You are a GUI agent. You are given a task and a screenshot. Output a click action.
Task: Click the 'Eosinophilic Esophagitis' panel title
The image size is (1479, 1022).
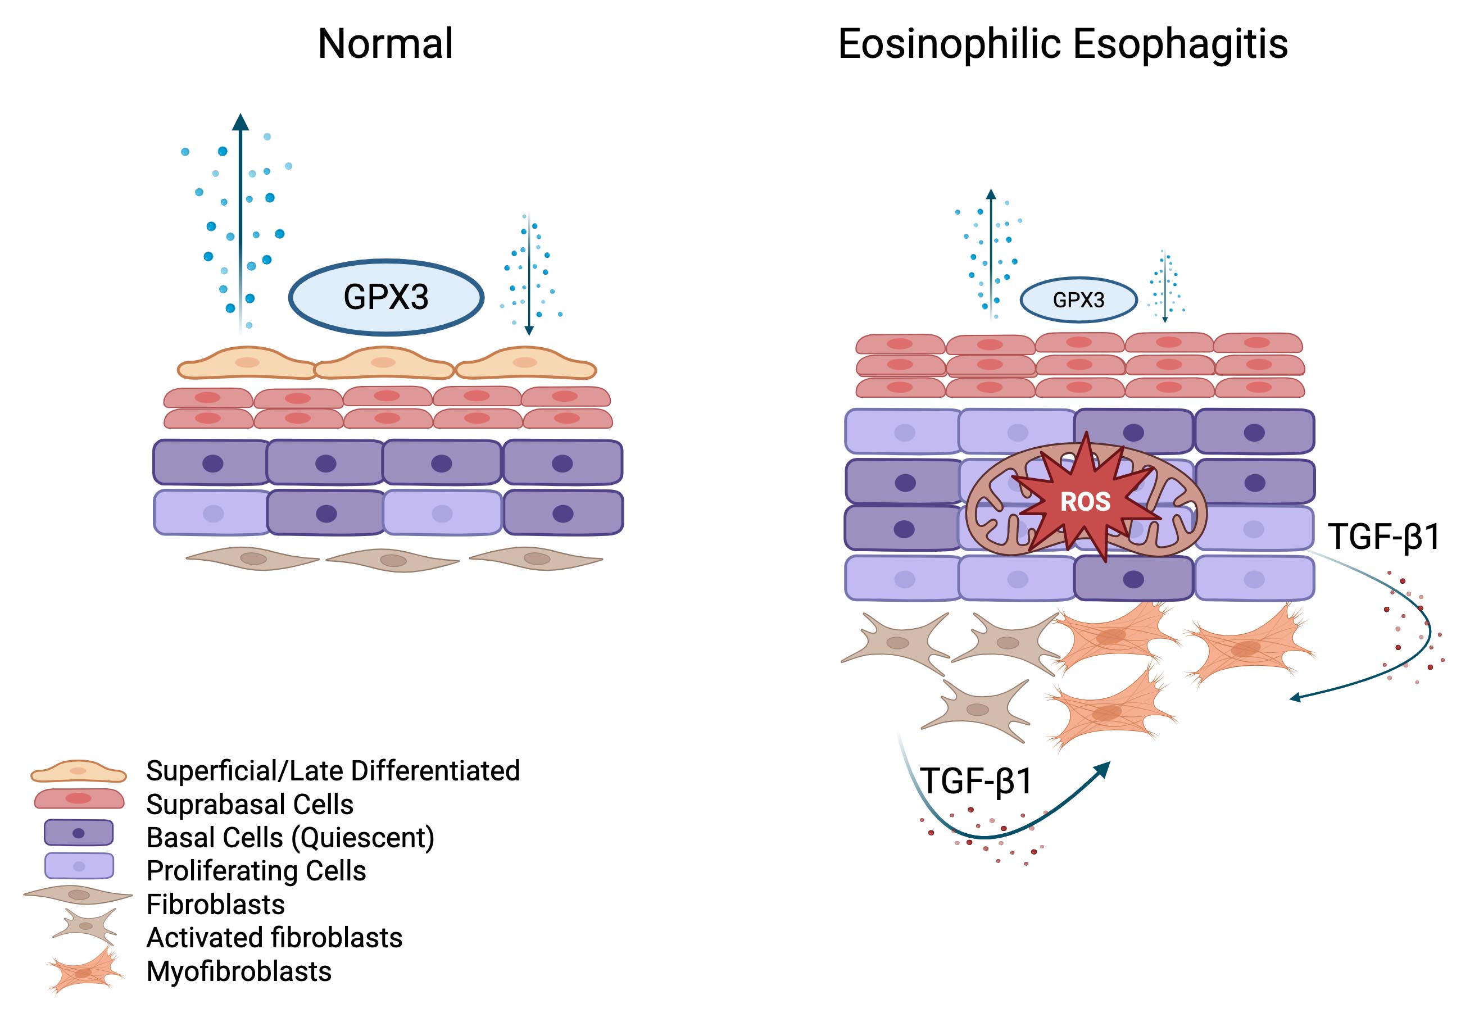pos(1062,44)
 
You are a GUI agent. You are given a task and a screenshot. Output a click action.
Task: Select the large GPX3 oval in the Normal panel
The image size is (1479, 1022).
pos(386,297)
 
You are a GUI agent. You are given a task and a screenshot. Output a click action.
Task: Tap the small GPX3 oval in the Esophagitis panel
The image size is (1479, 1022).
pos(1078,299)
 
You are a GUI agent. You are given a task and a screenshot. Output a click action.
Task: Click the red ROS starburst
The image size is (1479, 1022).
pos(1085,501)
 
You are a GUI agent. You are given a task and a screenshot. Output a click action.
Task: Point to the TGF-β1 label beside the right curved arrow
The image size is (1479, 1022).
pos(1383,537)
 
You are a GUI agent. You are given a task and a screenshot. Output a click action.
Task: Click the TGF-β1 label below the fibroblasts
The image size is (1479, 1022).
pos(976,781)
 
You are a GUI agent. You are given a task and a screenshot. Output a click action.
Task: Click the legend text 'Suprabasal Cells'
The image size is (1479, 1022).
pos(249,804)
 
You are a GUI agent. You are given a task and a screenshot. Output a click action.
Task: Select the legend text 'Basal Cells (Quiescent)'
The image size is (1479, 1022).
pos(290,838)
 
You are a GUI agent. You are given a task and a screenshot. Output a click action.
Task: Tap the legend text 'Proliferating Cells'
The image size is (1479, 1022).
pos(256,871)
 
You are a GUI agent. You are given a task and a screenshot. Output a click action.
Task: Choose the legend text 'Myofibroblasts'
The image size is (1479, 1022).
pos(239,971)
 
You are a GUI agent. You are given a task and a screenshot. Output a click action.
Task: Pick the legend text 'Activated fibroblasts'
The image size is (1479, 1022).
pos(274,938)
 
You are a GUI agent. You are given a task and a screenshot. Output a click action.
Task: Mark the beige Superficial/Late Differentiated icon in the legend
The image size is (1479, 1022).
pos(79,771)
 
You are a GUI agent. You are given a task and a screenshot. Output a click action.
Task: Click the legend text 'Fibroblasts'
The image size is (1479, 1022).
pos(215,904)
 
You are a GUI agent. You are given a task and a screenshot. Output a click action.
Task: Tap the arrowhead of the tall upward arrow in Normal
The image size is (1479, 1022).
pos(240,122)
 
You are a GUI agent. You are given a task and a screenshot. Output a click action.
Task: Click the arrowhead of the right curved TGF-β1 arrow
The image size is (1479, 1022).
pos(1295,697)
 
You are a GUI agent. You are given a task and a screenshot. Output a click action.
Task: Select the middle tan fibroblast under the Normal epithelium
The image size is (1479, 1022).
pos(392,560)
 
